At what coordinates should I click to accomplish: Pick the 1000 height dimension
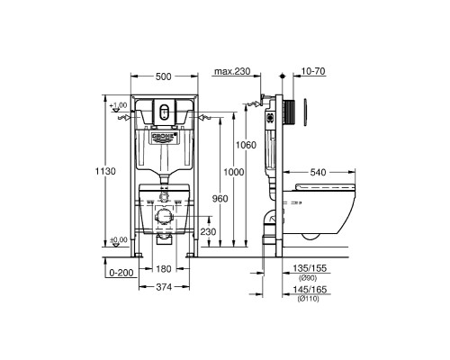click(x=235, y=173)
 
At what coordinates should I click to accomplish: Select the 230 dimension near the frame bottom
click(x=207, y=231)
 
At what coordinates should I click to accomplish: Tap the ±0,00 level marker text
click(x=117, y=240)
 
